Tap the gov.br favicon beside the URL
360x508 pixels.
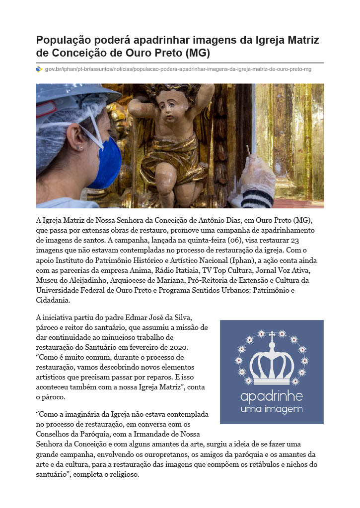coord(39,69)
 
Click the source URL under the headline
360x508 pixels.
coord(178,69)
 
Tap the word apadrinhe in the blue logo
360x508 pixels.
coord(271,397)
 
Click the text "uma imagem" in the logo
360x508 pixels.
coord(271,409)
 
